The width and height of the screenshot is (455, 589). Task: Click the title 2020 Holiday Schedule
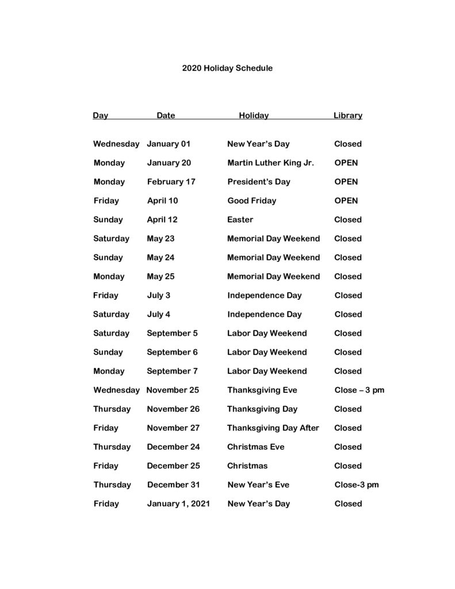coord(227,68)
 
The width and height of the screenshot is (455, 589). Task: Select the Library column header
coord(347,116)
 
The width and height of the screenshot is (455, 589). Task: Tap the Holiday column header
coord(254,116)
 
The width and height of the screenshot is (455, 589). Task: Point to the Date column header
coord(166,116)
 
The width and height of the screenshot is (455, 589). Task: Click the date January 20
coord(169,163)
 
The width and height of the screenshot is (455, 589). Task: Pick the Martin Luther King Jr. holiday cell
coord(270,163)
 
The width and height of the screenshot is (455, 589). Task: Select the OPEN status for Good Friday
coord(346,201)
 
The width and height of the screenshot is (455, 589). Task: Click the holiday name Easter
coord(240,220)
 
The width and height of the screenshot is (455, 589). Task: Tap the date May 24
coord(160,258)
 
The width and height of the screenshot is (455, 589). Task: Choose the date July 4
coord(158,315)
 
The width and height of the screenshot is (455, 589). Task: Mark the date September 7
coord(172,372)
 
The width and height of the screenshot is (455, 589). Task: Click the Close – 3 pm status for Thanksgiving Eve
coord(359,391)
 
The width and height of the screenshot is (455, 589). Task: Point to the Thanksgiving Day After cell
coord(273,428)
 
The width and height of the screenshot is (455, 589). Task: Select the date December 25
coord(173,466)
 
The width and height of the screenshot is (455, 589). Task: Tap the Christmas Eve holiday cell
coord(255,447)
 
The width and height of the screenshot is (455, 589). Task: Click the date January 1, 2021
coord(178,504)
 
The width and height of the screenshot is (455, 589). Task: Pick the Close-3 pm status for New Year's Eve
coord(357,485)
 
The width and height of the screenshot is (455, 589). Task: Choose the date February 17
coord(171,182)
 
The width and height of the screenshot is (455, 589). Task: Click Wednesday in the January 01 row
coord(116,144)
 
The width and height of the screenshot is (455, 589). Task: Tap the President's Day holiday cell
coord(258,182)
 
